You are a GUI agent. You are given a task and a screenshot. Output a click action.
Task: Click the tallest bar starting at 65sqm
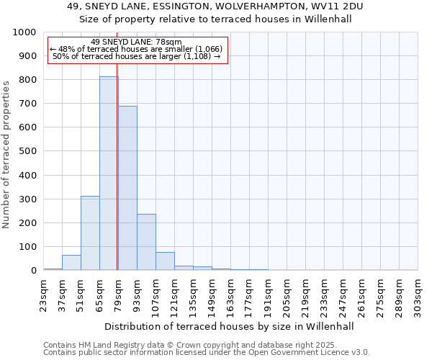109,173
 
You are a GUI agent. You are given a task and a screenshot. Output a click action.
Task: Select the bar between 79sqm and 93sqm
127,188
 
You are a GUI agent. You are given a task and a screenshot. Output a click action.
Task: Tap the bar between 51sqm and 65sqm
90,233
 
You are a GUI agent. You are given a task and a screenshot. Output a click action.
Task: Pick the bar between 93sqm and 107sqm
146,242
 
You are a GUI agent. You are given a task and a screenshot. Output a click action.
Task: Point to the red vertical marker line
117,180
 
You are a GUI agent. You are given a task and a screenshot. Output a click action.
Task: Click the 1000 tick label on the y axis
24,32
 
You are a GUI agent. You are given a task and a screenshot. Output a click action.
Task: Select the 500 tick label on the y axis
27,151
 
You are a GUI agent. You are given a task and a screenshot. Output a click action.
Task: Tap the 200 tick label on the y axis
27,222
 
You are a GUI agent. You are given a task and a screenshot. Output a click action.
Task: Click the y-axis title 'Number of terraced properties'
6,155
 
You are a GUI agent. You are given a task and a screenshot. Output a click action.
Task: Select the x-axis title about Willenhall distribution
230,326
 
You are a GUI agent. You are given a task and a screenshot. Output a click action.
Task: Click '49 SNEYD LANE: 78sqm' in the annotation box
137,42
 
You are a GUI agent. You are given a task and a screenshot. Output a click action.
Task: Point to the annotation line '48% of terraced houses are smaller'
137,50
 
